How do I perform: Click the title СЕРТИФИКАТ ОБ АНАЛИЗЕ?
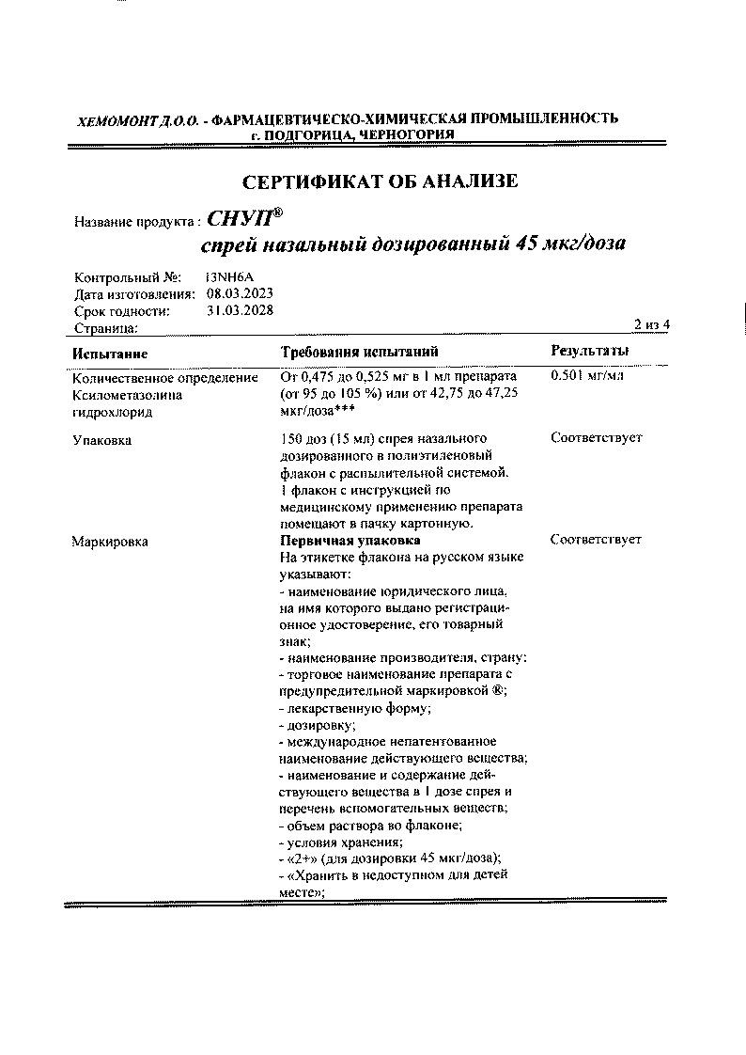(380, 181)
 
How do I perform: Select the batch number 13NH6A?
(230, 277)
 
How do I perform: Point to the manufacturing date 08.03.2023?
(240, 294)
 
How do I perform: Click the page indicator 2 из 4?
(652, 325)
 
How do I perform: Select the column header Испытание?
(110, 353)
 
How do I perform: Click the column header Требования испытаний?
(360, 352)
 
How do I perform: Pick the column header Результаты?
(589, 351)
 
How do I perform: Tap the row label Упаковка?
(102, 440)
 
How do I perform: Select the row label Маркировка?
(110, 542)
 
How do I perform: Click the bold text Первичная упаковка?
(350, 541)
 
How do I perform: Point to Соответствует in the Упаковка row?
(596, 438)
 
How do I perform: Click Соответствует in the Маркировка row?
(596, 540)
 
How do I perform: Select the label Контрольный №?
(127, 277)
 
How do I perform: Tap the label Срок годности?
(122, 311)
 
